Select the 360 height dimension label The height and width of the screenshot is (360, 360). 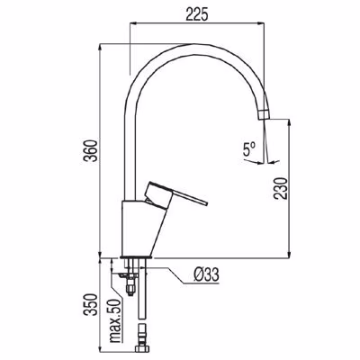pyautogui.click(x=90, y=151)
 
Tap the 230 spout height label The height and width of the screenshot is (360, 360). pyautogui.click(x=280, y=188)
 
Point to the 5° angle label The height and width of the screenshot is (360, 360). pyautogui.click(x=249, y=149)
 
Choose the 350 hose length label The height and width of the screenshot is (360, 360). pyautogui.click(x=91, y=304)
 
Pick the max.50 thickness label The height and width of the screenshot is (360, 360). pyautogui.click(x=116, y=320)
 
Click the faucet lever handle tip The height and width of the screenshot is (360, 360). pyautogui.click(x=207, y=203)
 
